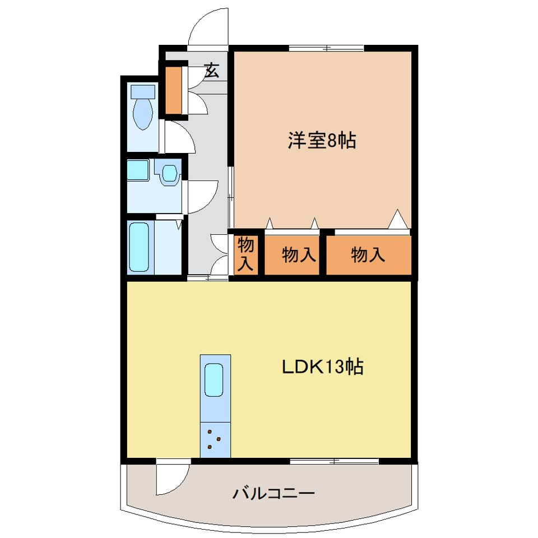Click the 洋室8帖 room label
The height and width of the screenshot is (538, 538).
(322, 141)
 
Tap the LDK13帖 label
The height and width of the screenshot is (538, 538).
(322, 367)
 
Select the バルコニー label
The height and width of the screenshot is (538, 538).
(273, 494)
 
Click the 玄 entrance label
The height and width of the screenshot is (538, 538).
(212, 71)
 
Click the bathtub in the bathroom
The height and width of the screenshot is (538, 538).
(139, 247)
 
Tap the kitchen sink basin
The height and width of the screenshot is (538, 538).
(214, 379)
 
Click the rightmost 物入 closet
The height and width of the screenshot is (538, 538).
(368, 256)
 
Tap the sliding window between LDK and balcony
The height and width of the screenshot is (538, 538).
(334, 461)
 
